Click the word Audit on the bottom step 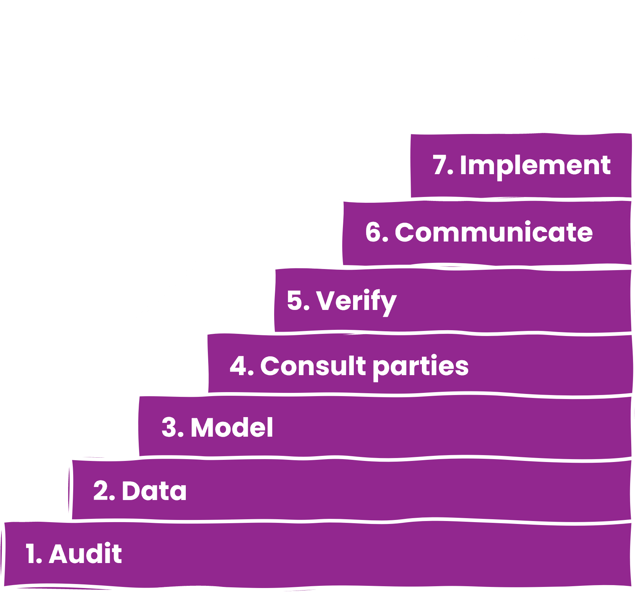click(x=85, y=554)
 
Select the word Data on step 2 click(x=154, y=491)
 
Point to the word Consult click(x=313, y=366)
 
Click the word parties click(x=420, y=367)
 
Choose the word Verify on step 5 click(x=356, y=301)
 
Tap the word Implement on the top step click(x=535, y=165)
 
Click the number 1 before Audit click(x=31, y=554)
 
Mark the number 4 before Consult click(x=238, y=366)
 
